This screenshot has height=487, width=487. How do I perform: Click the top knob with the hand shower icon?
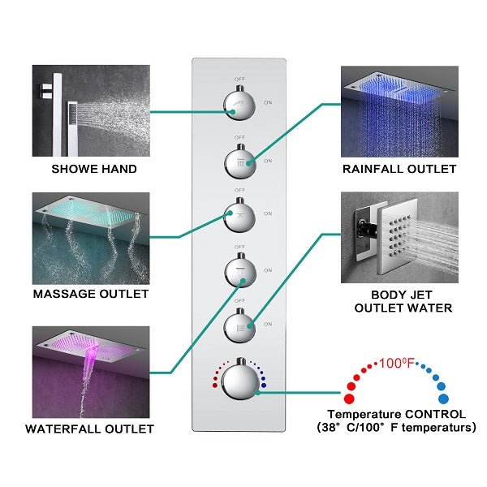tap(239, 104)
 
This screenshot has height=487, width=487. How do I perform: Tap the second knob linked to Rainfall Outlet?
tap(239, 161)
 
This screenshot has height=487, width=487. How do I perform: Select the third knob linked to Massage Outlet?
tap(239, 215)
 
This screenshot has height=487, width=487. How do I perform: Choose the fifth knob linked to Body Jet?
tap(239, 325)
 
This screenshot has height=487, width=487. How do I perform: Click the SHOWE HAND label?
tap(94, 170)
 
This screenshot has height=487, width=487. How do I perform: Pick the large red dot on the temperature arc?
tap(350, 399)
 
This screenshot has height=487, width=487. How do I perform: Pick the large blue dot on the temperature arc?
tap(443, 399)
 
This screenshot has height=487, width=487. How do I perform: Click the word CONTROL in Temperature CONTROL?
tap(436, 414)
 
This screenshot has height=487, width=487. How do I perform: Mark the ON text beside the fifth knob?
tap(268, 325)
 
